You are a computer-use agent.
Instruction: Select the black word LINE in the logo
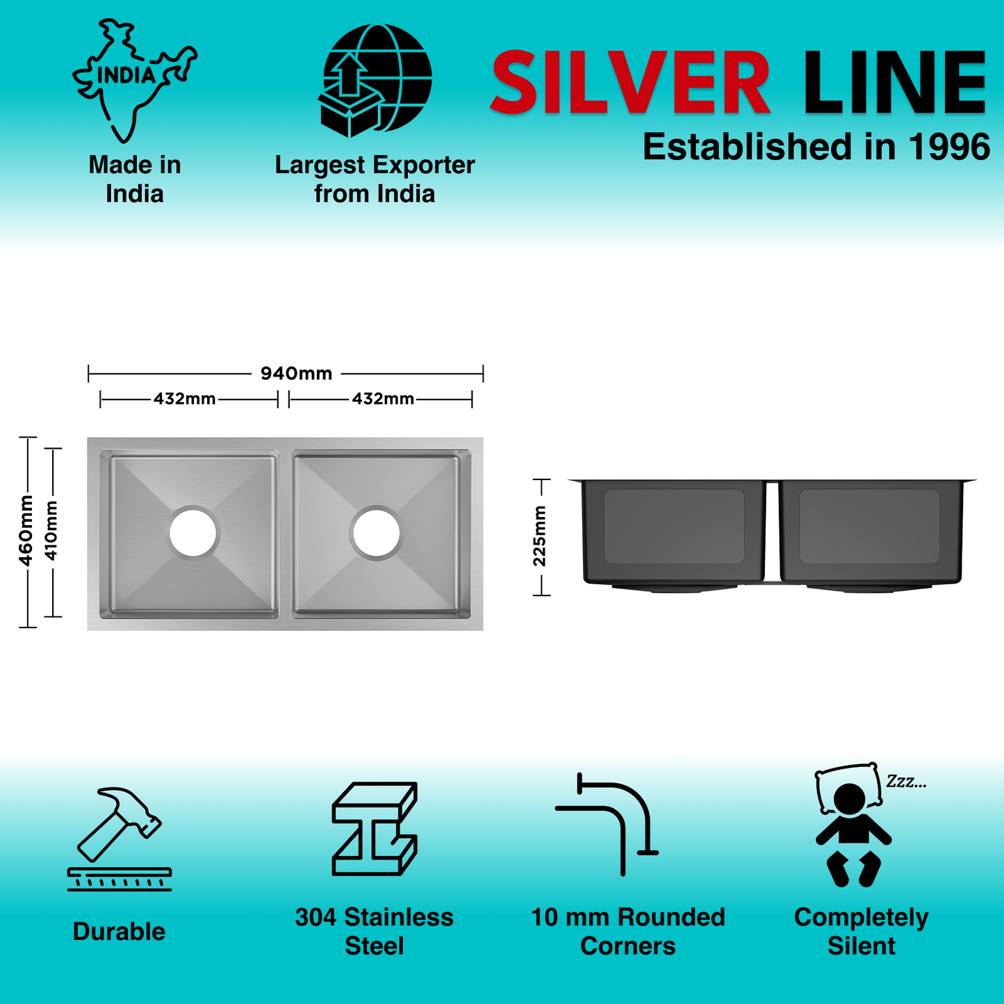[894, 83]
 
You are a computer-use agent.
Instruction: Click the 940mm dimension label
[296, 374]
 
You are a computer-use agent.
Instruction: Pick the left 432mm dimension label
[184, 399]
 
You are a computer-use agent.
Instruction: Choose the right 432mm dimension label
[383, 399]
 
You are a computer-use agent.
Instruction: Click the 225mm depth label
[540, 536]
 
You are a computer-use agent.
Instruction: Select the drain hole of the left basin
[194, 532]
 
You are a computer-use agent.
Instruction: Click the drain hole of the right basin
[377, 532]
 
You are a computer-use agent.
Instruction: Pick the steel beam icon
[375, 828]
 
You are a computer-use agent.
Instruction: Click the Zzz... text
[906, 782]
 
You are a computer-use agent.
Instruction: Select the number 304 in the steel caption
[316, 917]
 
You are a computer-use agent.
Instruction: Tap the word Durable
[119, 932]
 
